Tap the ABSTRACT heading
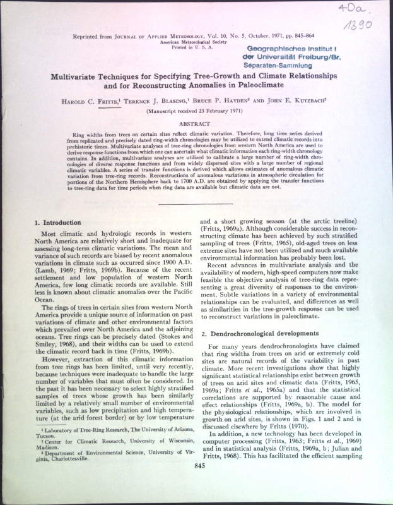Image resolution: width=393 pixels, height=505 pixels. point(199,125)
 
